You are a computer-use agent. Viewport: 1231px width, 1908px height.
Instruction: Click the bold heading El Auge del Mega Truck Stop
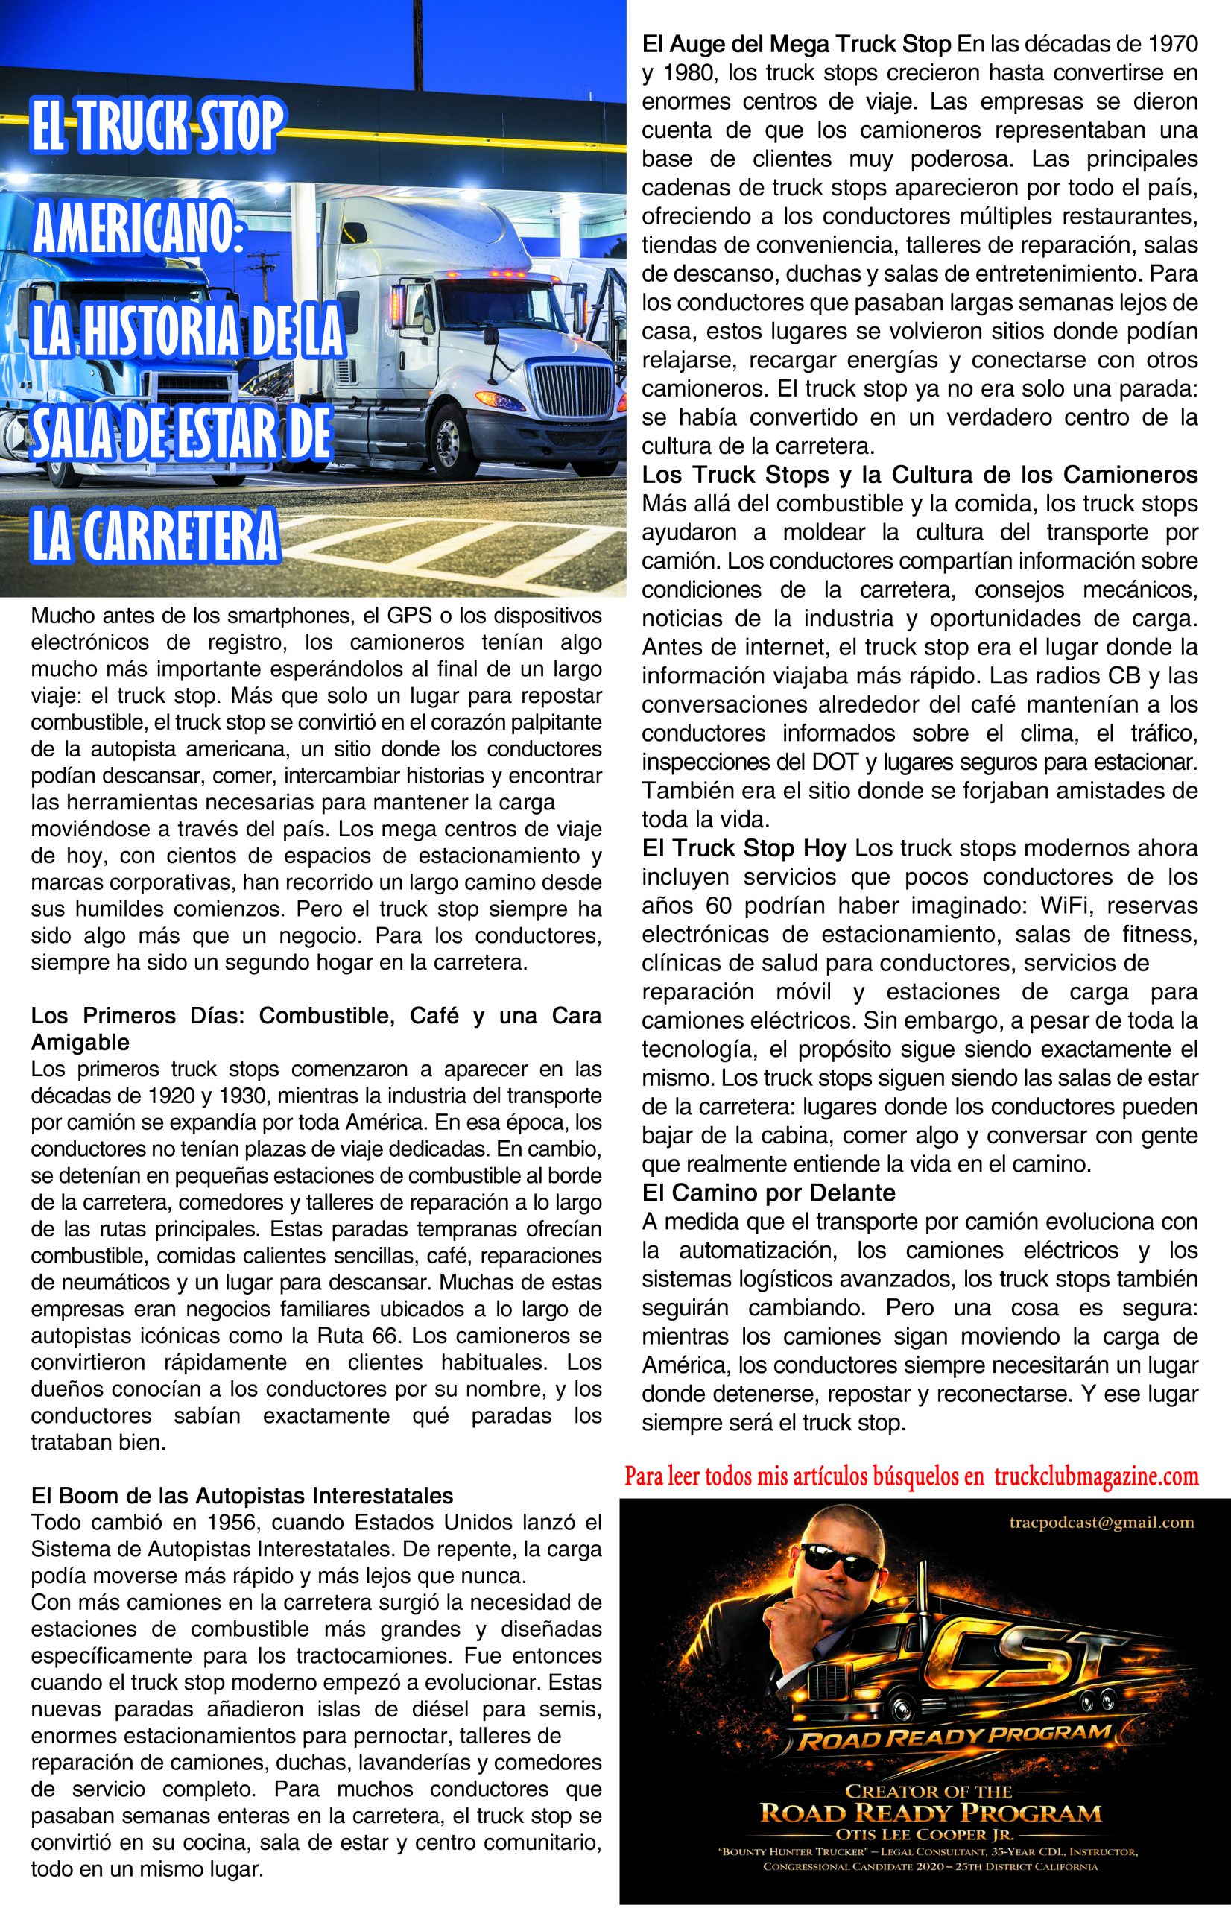[796, 44]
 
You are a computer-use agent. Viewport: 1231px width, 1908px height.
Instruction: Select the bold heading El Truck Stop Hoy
[744, 848]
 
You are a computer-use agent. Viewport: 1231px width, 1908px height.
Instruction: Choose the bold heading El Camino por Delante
[768, 1193]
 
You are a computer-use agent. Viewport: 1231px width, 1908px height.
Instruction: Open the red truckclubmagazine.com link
[1096, 1476]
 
